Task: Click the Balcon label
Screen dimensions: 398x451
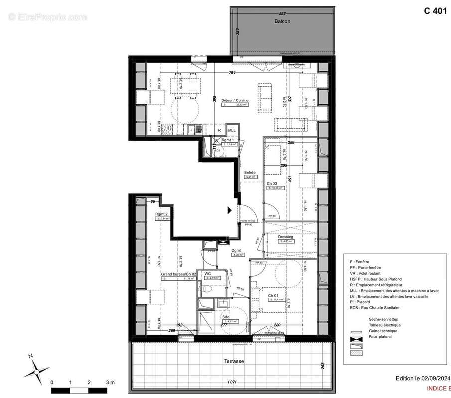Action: coord(282,22)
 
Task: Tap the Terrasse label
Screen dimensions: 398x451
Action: coord(233,361)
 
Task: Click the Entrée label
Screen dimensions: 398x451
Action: coord(250,172)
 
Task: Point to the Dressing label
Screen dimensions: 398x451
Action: coord(285,237)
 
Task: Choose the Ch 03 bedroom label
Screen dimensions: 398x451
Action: coord(272,184)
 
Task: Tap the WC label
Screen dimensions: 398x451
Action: coord(207,273)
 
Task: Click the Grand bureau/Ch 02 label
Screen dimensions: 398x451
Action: coord(177,274)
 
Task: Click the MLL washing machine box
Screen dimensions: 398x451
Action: coord(231,130)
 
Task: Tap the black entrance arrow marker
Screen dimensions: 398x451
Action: coord(230,210)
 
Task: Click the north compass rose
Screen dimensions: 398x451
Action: coord(34,368)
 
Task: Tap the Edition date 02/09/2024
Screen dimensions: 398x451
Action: coord(424,378)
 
